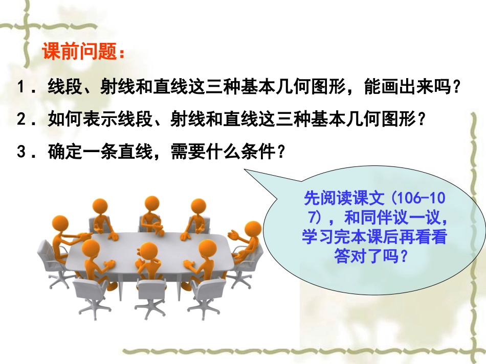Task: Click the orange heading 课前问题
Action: (x=82, y=53)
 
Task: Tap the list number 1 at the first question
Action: (x=21, y=87)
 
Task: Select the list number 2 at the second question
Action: (x=21, y=119)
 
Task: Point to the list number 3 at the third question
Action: (x=21, y=152)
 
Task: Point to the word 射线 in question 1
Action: (x=114, y=87)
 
